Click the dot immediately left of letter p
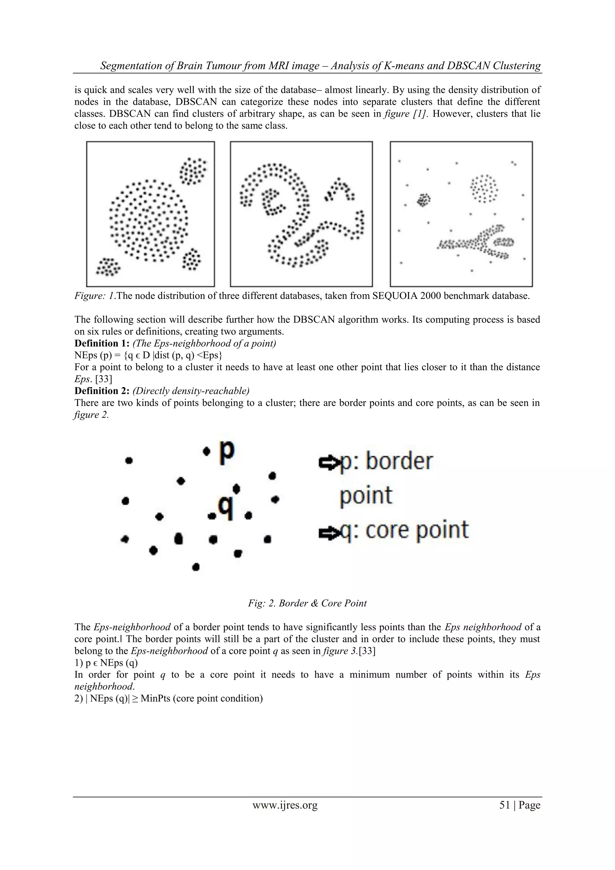click(206, 451)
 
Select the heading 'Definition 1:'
click(97, 344)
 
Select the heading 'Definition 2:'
click(97, 391)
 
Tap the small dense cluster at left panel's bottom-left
click(108, 266)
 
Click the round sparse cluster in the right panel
click(483, 188)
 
